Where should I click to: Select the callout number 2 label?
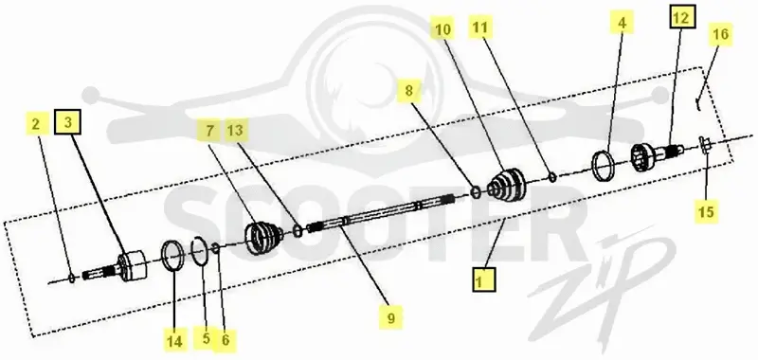36,124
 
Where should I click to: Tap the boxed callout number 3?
67,123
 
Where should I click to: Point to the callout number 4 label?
622,23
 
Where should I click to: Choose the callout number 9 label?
390,317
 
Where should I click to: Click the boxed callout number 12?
681,17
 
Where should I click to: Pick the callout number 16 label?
720,34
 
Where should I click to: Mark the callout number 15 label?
706,210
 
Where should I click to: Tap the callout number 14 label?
174,340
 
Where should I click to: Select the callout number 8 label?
409,90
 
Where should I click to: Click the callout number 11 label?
480,27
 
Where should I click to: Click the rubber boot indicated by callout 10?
507,183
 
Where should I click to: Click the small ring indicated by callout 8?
476,192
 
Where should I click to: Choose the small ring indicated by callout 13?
298,231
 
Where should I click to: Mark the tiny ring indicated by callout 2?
72,278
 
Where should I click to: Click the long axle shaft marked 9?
381,211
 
